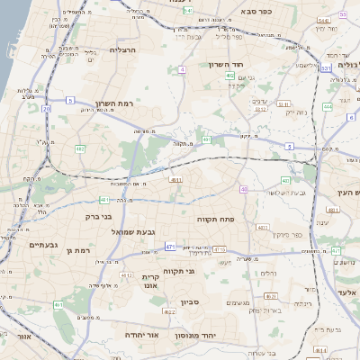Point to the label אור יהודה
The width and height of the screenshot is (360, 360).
tap(141, 334)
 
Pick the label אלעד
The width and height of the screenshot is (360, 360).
tap(347, 292)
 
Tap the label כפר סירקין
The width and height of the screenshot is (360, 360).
tap(302, 236)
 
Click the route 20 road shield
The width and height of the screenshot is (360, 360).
tap(45, 109)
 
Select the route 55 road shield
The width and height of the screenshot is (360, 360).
tap(343, 14)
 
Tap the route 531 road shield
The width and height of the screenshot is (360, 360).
tap(325, 67)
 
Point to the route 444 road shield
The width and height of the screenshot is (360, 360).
tap(327, 106)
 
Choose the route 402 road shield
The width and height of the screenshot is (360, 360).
tap(230, 76)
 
